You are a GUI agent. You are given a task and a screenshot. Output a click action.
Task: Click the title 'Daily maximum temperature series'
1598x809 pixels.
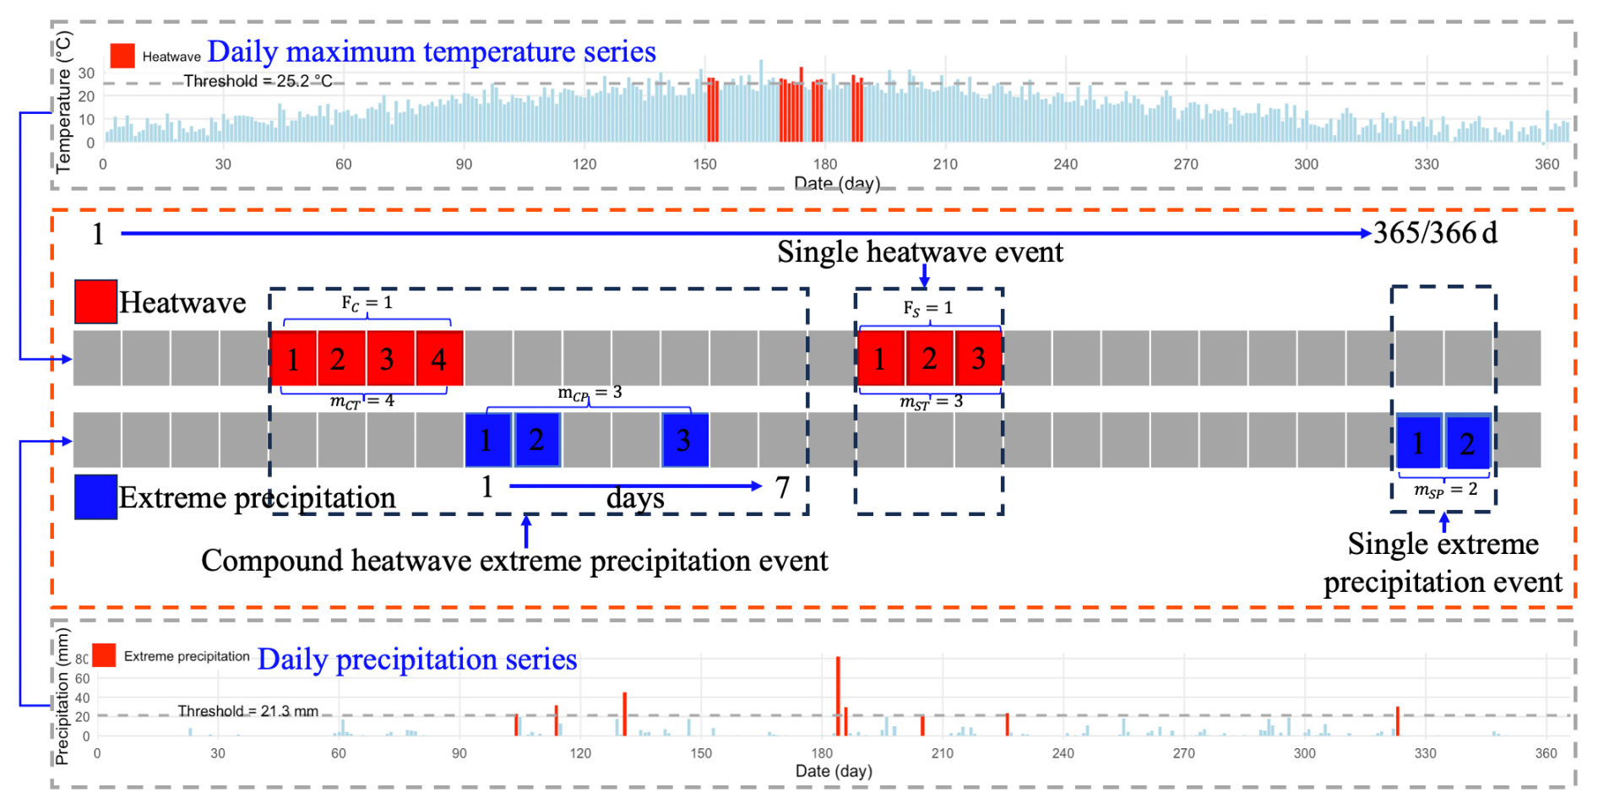point(432,52)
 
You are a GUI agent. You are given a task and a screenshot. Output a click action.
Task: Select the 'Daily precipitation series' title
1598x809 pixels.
point(417,659)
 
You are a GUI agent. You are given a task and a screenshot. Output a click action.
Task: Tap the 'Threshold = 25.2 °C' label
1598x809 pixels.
point(258,81)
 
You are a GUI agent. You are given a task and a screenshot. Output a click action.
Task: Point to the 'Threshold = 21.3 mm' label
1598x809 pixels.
point(248,711)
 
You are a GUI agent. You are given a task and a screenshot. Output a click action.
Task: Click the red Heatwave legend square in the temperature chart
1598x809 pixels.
point(122,56)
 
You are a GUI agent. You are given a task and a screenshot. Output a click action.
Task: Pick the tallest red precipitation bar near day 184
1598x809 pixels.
point(838,696)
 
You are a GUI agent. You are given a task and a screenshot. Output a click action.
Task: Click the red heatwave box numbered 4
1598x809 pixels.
point(438,359)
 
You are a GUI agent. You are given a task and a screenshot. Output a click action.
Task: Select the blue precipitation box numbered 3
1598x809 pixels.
point(685,440)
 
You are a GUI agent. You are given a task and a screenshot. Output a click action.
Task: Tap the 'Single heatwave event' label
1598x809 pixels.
point(920,252)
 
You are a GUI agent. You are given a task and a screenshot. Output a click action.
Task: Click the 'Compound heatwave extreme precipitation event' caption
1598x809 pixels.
point(514,560)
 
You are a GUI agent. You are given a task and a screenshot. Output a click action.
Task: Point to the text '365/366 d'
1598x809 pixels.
point(1435,232)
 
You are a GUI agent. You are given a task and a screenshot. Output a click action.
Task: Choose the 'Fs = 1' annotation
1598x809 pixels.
point(927,308)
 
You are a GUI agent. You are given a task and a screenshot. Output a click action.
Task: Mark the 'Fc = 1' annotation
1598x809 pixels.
point(367,303)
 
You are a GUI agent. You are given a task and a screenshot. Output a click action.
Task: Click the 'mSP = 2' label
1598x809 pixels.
point(1446,490)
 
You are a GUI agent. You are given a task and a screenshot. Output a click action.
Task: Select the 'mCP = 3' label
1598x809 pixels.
point(590,393)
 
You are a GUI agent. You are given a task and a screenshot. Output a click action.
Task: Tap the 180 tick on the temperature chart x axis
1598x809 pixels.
point(825,164)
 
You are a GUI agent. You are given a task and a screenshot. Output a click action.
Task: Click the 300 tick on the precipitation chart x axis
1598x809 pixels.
point(1305,753)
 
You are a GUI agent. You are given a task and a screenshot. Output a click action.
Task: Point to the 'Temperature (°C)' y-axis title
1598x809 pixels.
point(64,101)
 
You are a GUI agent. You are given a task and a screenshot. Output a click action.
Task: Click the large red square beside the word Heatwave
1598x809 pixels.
point(95,301)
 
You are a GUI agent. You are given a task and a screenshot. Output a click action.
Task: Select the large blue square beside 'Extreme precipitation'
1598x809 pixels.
point(95,497)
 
